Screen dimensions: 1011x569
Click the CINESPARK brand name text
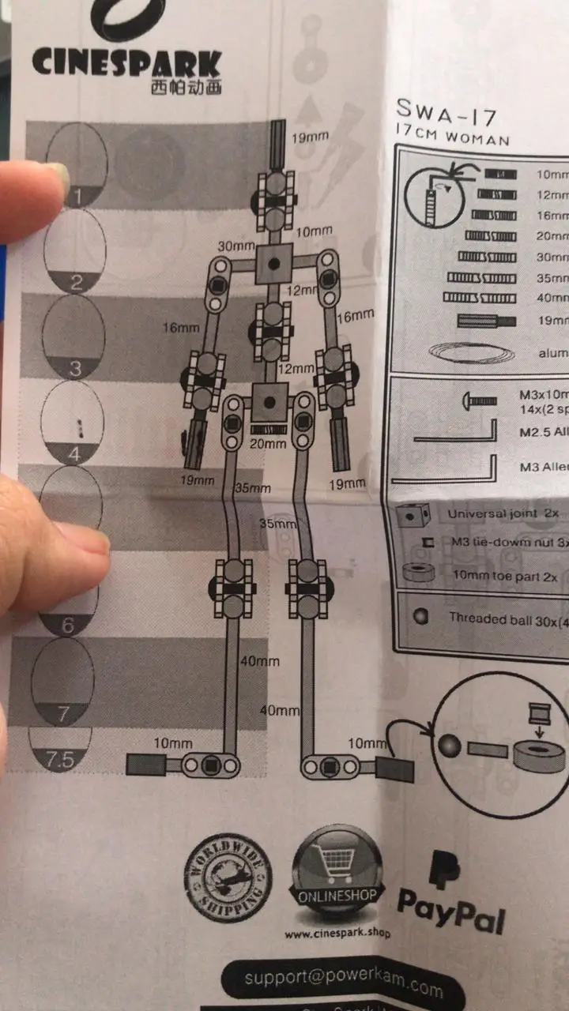pyautogui.click(x=126, y=62)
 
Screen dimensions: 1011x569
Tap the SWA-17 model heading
pyautogui.click(x=447, y=115)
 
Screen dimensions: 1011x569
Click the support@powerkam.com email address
pyautogui.click(x=344, y=981)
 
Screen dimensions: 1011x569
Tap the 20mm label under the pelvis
pyautogui.click(x=268, y=443)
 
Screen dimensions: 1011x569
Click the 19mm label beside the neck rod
pyautogui.click(x=311, y=137)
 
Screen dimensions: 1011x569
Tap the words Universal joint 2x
pyautogui.click(x=503, y=513)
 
